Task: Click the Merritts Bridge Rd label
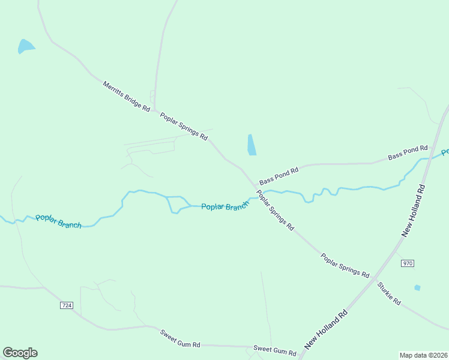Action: (x=126, y=96)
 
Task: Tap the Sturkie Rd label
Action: (x=389, y=294)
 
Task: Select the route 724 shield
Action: (x=67, y=305)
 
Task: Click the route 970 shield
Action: (x=408, y=263)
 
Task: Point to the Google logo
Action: (x=20, y=353)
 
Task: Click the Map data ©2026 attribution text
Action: (x=423, y=355)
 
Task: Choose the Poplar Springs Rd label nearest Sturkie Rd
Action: (x=345, y=265)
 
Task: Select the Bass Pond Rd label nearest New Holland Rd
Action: (x=408, y=152)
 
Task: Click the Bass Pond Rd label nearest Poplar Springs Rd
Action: (x=279, y=176)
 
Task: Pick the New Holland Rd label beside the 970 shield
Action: (x=413, y=210)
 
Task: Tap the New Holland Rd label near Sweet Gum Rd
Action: (x=326, y=329)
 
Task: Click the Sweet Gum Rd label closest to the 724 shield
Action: (x=180, y=338)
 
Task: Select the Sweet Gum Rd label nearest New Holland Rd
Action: (x=274, y=350)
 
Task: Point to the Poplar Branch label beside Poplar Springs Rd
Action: (x=225, y=206)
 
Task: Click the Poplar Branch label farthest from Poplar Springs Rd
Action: (x=58, y=221)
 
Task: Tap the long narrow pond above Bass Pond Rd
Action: (x=252, y=145)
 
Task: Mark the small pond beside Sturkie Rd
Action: (x=417, y=288)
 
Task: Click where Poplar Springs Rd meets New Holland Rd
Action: (x=373, y=278)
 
